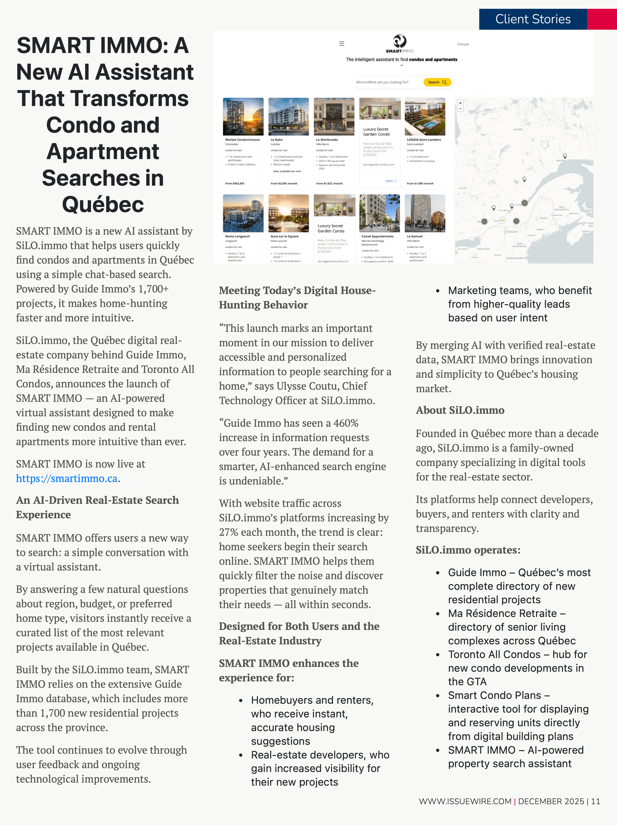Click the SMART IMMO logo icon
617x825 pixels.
coord(400,41)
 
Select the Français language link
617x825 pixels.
coord(463,44)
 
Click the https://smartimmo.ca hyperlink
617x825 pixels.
coord(66,479)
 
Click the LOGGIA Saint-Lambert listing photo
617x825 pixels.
coord(425,117)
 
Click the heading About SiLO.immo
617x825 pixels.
coord(460,410)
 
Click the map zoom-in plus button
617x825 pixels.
coord(460,103)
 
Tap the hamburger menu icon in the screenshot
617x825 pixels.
coord(341,44)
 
